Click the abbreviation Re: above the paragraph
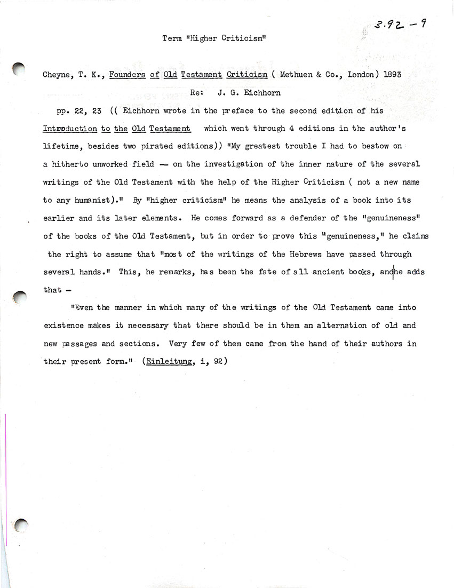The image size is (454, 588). [196, 92]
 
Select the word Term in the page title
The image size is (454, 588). [171, 38]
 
